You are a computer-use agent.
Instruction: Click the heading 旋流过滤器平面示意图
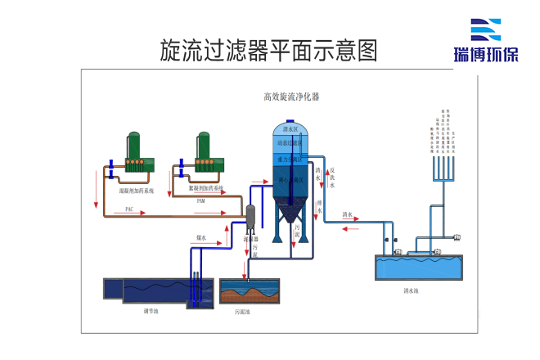[269, 51]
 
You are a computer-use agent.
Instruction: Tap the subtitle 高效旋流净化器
[291, 97]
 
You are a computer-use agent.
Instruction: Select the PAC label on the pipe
[129, 209]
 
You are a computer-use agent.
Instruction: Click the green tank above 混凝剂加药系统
[133, 151]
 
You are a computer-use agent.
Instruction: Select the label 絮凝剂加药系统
[205, 189]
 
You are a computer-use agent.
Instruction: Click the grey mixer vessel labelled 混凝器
[250, 217]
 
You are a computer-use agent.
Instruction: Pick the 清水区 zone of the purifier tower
[290, 129]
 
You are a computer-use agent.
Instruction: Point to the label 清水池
[411, 290]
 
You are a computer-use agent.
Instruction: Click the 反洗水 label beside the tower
[332, 178]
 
